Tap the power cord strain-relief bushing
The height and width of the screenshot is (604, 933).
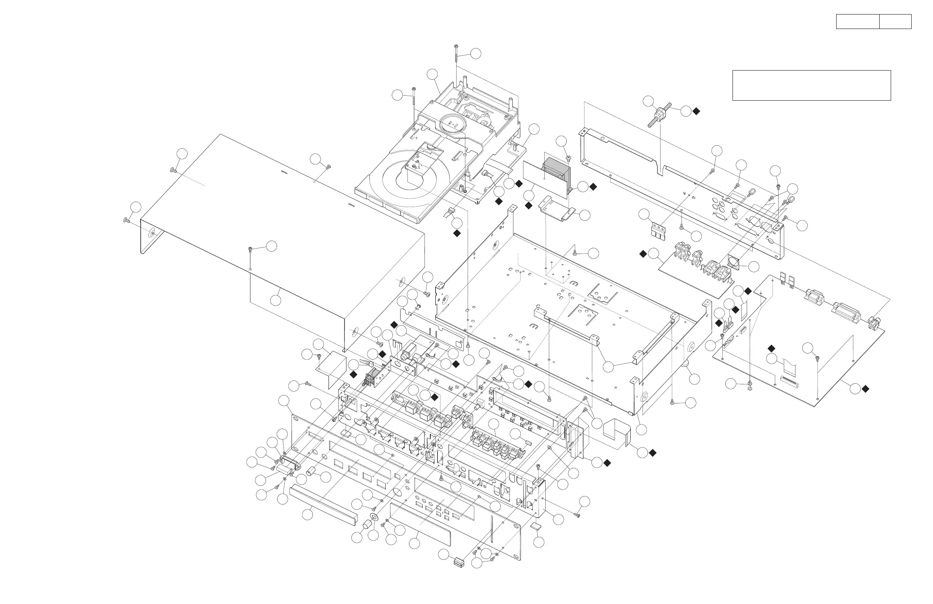pos(659,114)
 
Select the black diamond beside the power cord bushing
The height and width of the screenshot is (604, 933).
pos(696,111)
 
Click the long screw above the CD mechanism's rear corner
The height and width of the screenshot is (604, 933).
pos(457,55)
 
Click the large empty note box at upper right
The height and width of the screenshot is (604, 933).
pos(811,85)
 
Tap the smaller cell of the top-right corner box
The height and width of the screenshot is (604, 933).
pos(895,22)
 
